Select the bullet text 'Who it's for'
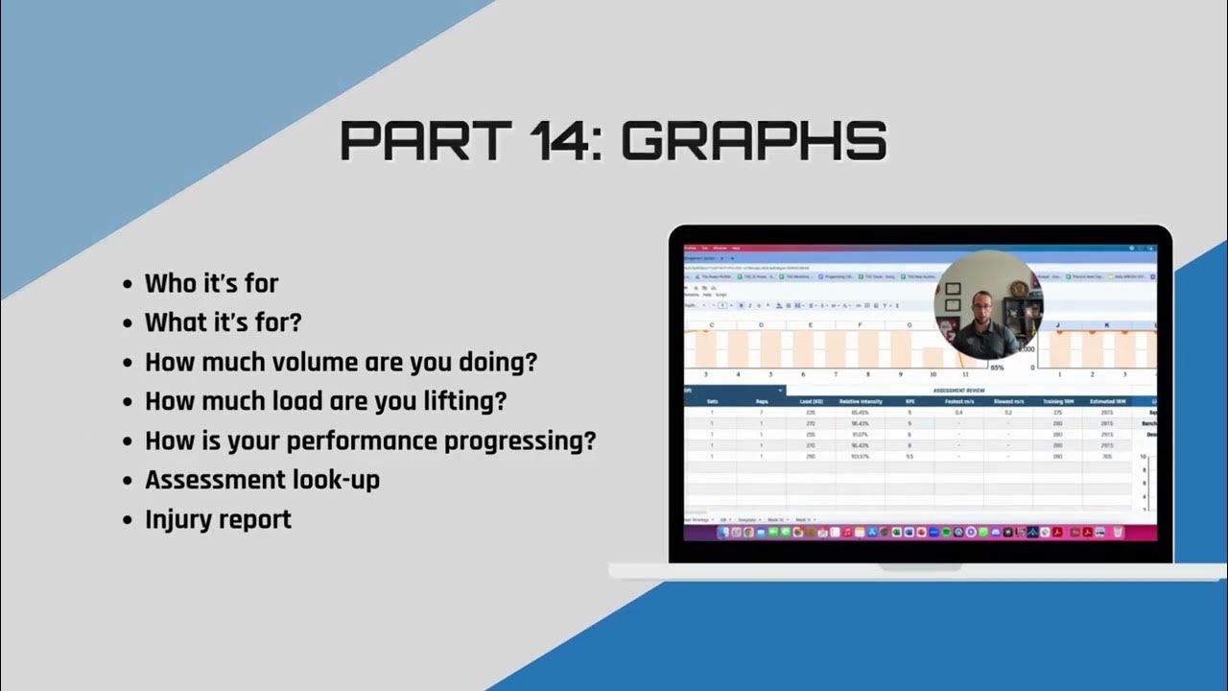tap(211, 284)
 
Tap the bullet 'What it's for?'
tap(223, 322)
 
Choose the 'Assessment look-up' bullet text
tap(262, 480)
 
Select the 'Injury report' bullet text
tap(218, 519)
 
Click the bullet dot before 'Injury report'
tap(129, 520)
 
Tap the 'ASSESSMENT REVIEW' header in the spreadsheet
tap(958, 391)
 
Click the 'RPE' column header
tap(909, 401)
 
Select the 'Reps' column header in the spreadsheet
tap(761, 401)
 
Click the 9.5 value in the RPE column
tap(909, 457)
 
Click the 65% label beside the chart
tap(998, 367)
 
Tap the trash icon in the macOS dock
tap(1118, 532)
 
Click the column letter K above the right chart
tap(1106, 325)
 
